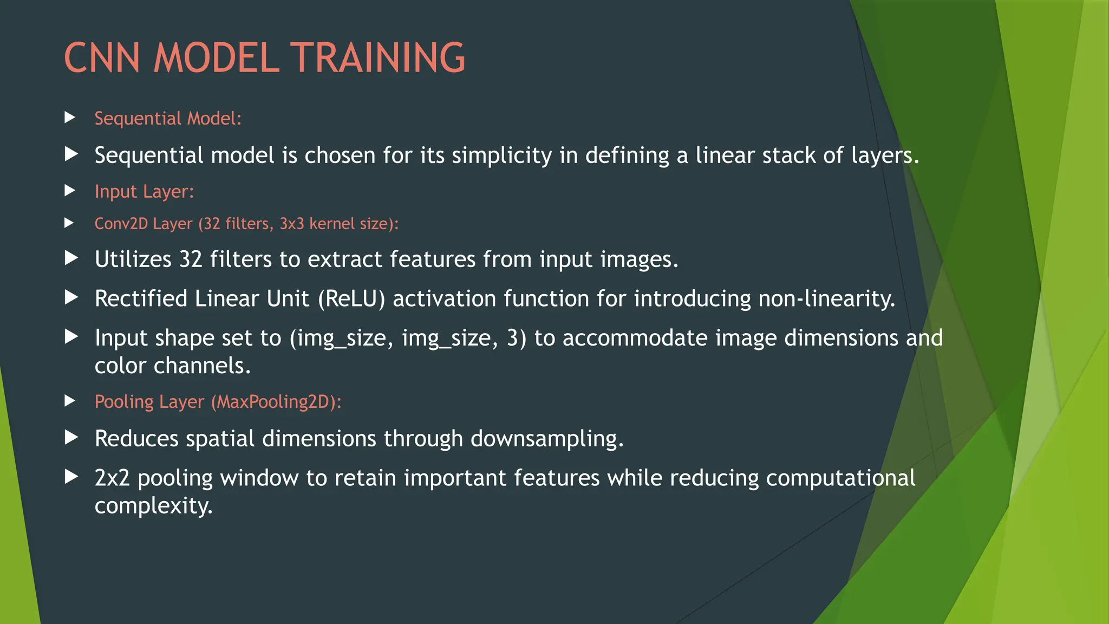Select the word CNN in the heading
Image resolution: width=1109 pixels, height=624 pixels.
(102, 58)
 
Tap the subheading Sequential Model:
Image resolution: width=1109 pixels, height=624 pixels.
(168, 118)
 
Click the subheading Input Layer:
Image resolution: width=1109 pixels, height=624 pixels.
(144, 191)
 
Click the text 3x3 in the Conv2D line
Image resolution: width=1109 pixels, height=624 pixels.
(291, 224)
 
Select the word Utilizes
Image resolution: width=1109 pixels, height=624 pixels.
(133, 259)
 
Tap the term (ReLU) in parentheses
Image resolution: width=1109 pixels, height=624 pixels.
(351, 299)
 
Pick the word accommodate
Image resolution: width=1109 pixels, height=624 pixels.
(635, 338)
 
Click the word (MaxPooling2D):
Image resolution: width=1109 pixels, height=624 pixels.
(276, 402)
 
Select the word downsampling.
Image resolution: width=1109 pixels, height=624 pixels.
(547, 439)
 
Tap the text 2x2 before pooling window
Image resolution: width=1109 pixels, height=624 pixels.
(112, 478)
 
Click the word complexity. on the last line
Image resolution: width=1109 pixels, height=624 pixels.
(154, 506)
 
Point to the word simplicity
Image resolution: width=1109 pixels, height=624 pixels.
(501, 156)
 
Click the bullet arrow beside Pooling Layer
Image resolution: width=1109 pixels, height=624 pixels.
(70, 401)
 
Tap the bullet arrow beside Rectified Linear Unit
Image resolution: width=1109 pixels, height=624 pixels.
(71, 297)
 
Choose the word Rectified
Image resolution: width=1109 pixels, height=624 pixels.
(141, 299)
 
